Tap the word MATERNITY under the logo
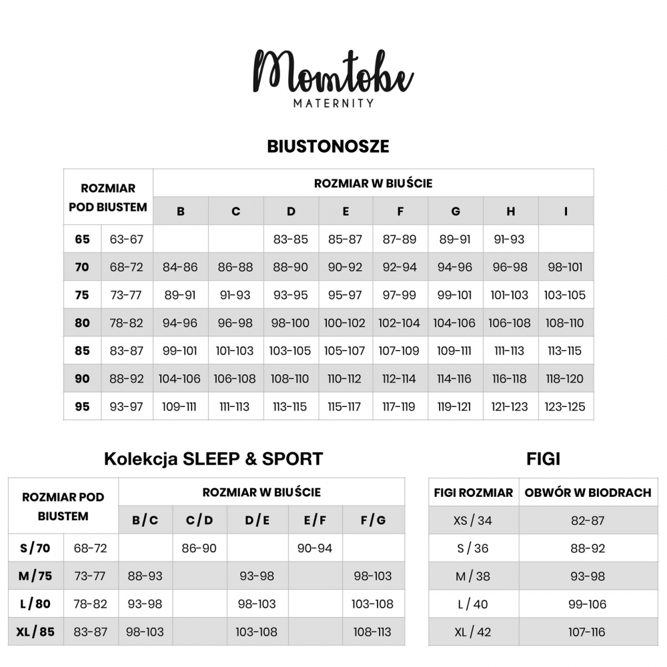tap(333, 103)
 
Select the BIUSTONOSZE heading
tap(328, 147)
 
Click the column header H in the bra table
tap(510, 211)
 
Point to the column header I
tap(566, 211)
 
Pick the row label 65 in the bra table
tap(82, 239)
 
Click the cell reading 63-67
tap(127, 239)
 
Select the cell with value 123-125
tap(564, 406)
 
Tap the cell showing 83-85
tap(291, 239)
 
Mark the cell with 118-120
tap(564, 379)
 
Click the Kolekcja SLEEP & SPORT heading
tap(213, 459)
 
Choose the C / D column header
tap(199, 520)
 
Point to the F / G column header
tap(373, 520)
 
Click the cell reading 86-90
tap(199, 548)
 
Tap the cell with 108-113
tap(373, 632)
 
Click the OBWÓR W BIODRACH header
tap(588, 493)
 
